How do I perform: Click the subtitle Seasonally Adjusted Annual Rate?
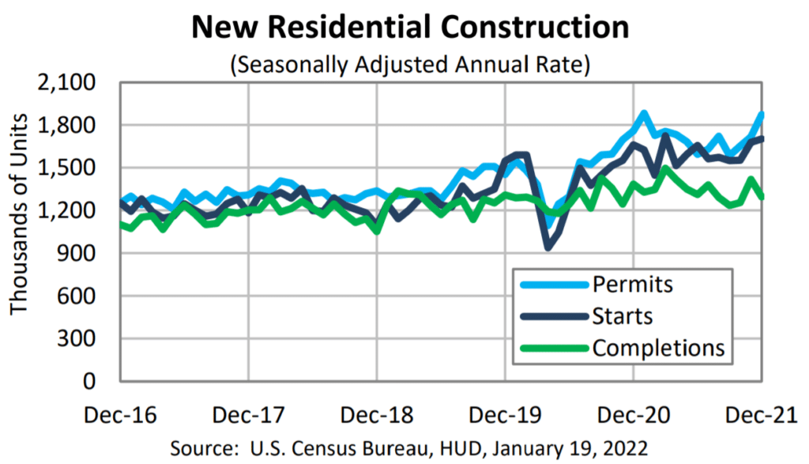pyautogui.click(x=410, y=64)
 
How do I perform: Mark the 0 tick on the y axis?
pyautogui.click(x=96, y=382)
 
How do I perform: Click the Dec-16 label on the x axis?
pyautogui.click(x=119, y=414)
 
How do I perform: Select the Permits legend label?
pyautogui.click(x=632, y=284)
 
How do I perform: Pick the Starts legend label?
pyautogui.click(x=623, y=316)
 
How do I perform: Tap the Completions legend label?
pyautogui.click(x=658, y=348)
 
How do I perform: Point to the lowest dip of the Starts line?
pyautogui.click(x=548, y=247)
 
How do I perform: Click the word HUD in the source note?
pyautogui.click(x=476, y=448)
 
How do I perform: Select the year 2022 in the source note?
pyautogui.click(x=626, y=448)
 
